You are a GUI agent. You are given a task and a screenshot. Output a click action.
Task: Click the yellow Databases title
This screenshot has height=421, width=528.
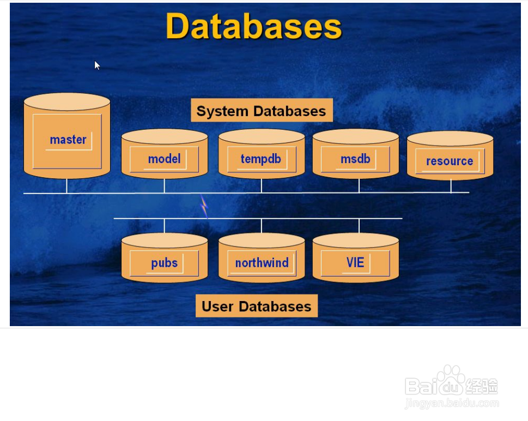click(x=254, y=26)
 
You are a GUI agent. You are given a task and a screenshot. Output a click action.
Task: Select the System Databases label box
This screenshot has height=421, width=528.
click(x=262, y=110)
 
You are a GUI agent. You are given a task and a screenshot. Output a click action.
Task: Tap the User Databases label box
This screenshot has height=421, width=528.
click(x=257, y=306)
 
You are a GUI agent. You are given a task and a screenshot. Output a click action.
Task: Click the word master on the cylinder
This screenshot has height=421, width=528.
click(x=68, y=140)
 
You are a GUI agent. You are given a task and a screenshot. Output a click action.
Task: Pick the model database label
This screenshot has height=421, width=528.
click(x=165, y=159)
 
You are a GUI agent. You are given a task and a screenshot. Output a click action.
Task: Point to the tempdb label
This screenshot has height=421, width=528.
click(x=260, y=159)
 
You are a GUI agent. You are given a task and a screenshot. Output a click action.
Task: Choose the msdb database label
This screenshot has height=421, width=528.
click(x=355, y=159)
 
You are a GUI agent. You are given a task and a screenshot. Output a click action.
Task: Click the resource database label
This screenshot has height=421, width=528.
click(x=450, y=161)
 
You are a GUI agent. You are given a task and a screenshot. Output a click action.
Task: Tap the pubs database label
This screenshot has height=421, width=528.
click(x=165, y=263)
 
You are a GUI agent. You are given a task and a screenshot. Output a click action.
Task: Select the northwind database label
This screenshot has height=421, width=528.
click(x=262, y=262)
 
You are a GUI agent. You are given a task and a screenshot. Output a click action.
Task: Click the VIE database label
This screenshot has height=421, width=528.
click(x=355, y=262)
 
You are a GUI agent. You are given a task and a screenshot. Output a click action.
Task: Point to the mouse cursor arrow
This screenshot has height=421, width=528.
click(x=97, y=65)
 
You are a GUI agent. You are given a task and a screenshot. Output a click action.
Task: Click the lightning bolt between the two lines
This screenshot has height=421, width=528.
click(x=204, y=206)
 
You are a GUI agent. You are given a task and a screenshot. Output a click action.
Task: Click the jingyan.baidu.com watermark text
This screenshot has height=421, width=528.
click(x=452, y=403)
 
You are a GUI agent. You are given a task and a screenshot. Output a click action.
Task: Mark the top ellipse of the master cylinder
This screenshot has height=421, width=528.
click(x=67, y=102)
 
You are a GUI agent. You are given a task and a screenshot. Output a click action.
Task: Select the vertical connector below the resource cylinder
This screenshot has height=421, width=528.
click(x=451, y=187)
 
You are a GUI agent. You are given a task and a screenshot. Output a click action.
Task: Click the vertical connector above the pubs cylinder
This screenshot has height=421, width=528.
click(x=165, y=226)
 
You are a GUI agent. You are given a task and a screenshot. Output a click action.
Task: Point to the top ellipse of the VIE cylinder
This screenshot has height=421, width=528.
click(x=356, y=240)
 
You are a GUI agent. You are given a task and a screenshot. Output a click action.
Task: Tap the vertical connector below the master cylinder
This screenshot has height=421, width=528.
click(x=66, y=186)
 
